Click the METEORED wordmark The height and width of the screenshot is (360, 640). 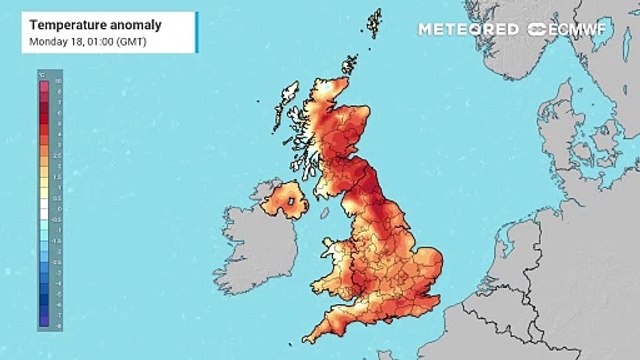469,29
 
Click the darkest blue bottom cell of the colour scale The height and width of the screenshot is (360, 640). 43,323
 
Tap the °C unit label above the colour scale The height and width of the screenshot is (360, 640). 42,73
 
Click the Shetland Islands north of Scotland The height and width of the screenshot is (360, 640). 374,24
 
